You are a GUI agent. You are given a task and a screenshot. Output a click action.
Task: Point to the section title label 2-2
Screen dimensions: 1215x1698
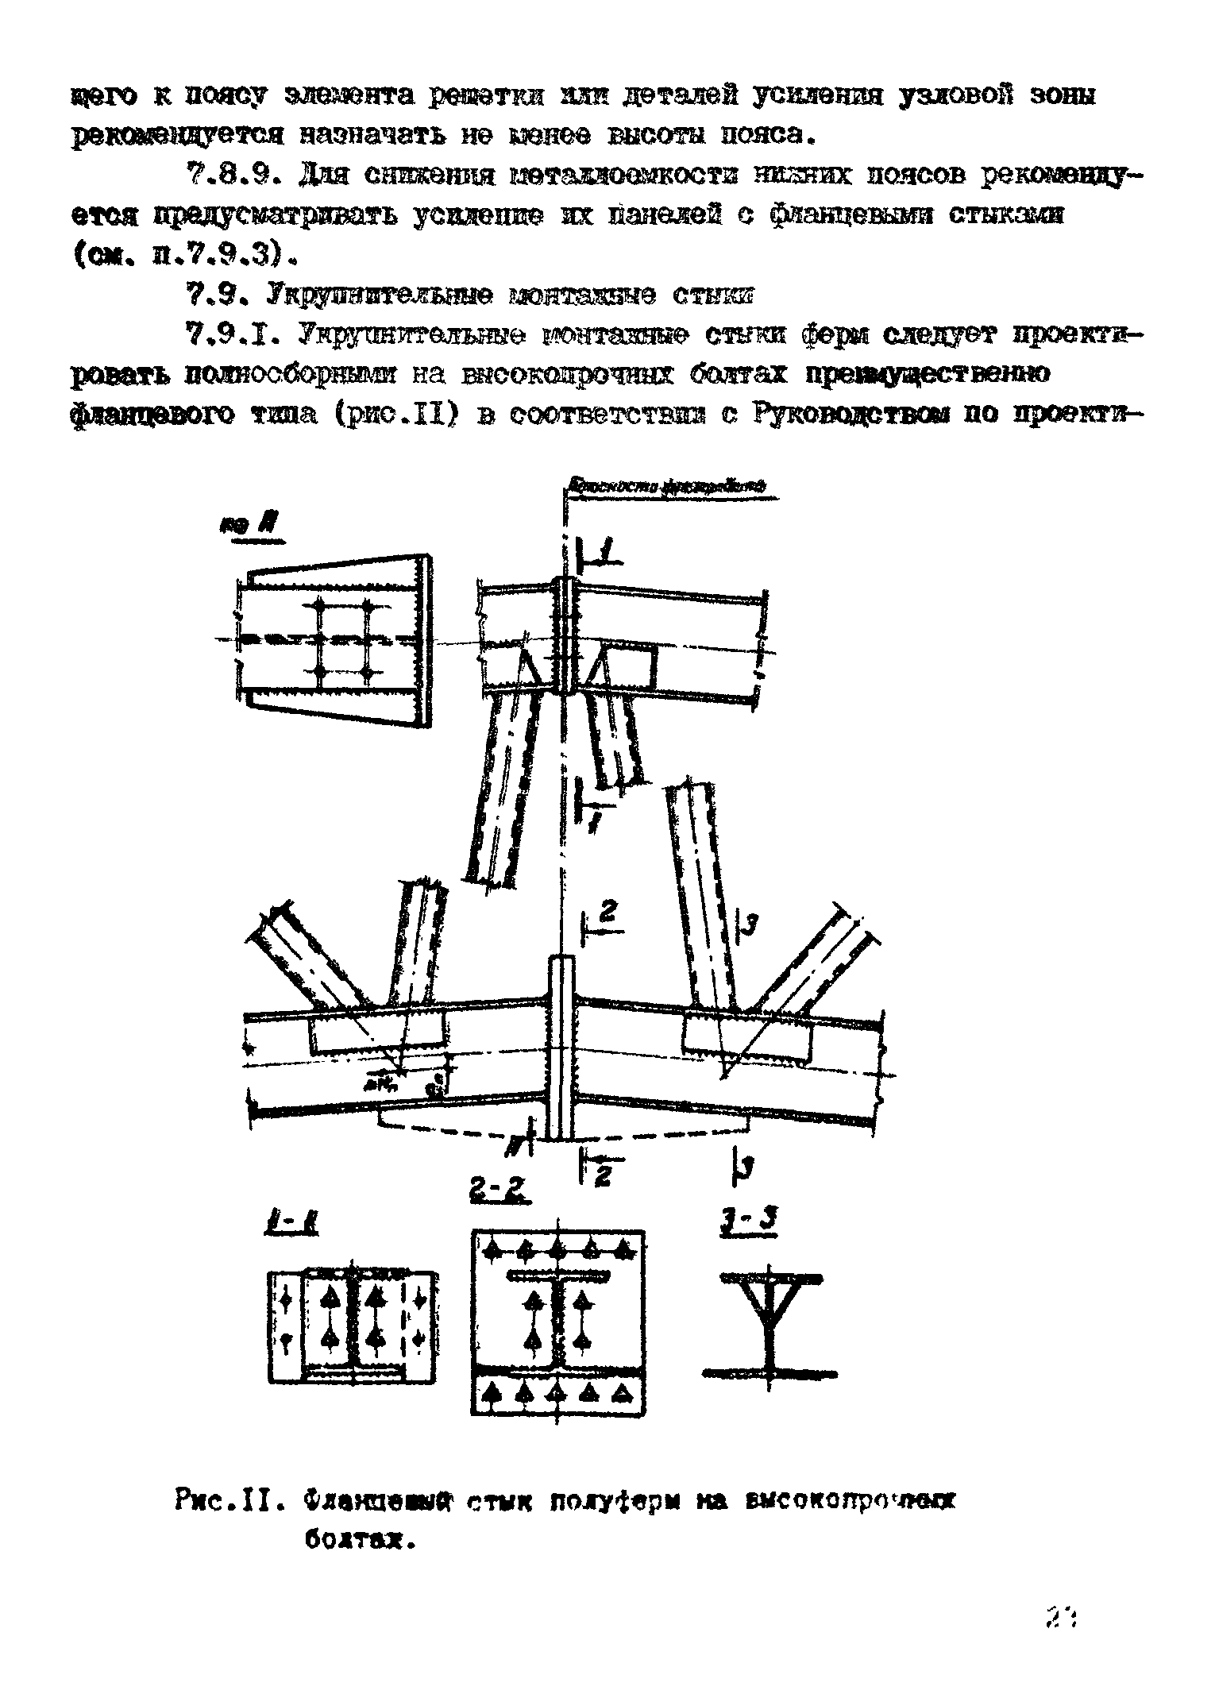499,1192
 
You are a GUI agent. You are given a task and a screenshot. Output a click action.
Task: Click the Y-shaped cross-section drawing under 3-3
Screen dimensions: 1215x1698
769,1326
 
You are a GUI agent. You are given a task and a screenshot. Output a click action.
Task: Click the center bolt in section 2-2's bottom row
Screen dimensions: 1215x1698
558,1392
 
